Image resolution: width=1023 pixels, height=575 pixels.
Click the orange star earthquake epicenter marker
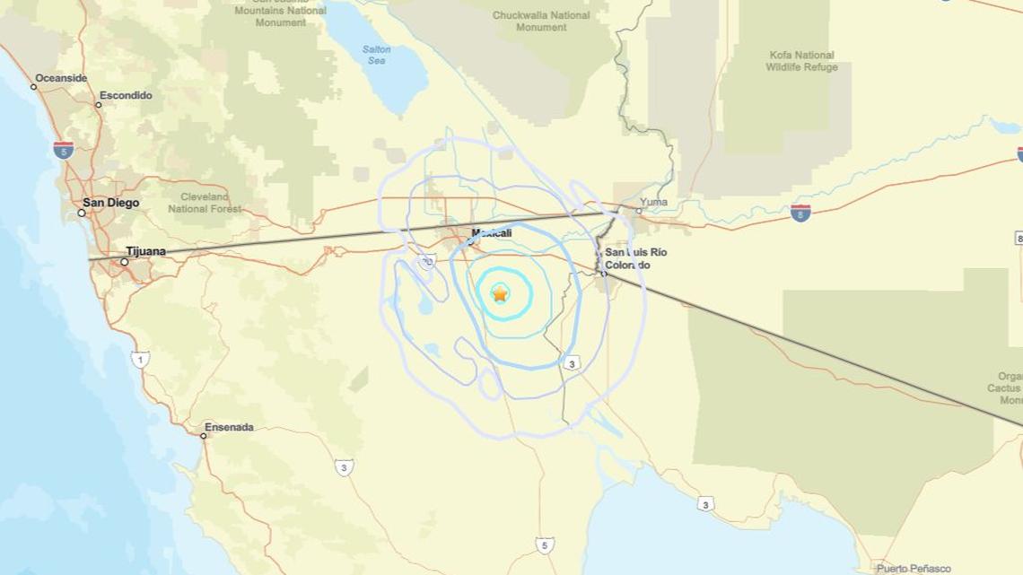point(500,293)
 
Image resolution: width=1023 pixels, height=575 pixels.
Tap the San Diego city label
point(111,203)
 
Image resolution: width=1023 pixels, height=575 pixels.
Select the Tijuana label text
point(146,251)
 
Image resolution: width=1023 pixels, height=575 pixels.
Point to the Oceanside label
point(61,78)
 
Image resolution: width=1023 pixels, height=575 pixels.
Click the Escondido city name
point(126,95)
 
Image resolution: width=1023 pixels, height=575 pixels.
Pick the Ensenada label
point(229,427)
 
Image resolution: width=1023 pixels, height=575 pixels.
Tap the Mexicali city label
point(492,233)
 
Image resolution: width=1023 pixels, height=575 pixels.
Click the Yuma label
point(654,202)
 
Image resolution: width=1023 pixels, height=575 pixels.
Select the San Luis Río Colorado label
point(635,258)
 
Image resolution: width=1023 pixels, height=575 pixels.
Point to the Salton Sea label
point(377,55)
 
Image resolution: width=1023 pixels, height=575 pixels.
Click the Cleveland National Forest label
point(205,203)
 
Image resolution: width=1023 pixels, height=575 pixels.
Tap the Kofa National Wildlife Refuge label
point(802,61)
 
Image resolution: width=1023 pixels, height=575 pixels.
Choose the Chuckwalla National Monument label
point(541,21)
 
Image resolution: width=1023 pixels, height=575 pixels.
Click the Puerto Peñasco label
point(914,569)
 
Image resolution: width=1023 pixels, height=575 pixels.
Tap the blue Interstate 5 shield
point(63,150)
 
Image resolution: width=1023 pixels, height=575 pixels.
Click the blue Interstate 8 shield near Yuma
point(800,213)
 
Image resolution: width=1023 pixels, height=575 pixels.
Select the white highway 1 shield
point(140,360)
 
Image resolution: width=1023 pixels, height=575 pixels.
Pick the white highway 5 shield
point(545,545)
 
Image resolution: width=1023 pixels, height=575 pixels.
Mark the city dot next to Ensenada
point(204,436)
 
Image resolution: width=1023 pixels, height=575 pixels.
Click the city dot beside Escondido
point(99,105)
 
